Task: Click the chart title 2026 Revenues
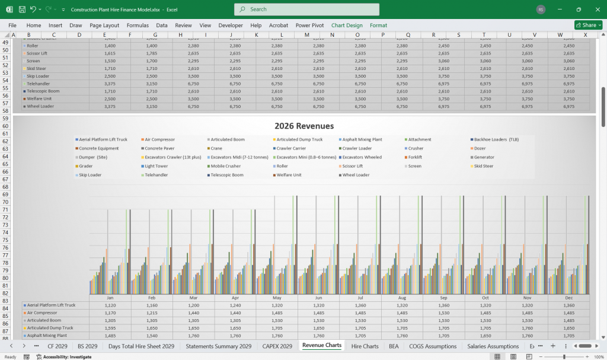click(303, 126)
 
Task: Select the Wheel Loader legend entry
click(356, 175)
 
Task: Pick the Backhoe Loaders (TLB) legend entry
click(495, 139)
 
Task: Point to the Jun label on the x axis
click(319, 297)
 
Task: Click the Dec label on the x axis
click(569, 297)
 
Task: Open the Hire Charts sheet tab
click(365, 346)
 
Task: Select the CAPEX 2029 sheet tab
click(277, 346)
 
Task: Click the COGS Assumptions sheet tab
click(433, 346)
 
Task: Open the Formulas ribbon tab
click(138, 26)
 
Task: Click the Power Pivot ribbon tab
click(309, 26)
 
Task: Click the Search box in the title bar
click(306, 9)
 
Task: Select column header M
click(306, 35)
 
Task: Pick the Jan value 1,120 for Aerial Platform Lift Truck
click(110, 305)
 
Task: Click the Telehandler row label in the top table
click(38, 84)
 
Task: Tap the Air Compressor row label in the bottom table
click(43, 313)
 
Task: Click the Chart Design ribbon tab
click(347, 26)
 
